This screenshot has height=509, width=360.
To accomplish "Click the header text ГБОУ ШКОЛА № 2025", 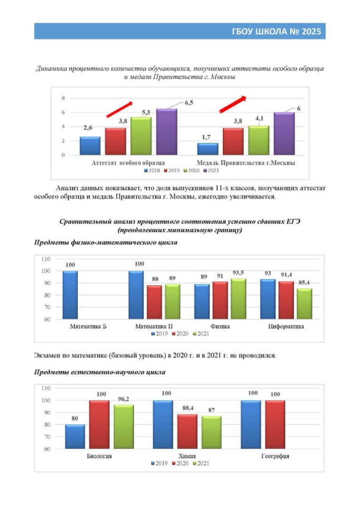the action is [x=276, y=32].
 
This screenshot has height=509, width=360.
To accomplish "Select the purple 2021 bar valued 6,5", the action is [x=166, y=132].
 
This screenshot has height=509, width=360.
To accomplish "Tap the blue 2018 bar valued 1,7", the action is [x=207, y=149].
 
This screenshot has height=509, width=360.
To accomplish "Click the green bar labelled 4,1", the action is [x=258, y=140].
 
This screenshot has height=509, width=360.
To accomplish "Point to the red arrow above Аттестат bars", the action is [x=120, y=109].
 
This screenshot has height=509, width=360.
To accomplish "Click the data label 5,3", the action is [x=146, y=112].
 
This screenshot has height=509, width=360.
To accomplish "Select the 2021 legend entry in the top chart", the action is [x=211, y=171].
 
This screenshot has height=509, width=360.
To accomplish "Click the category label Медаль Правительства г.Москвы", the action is [x=246, y=163].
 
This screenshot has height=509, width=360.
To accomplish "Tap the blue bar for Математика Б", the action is [x=70, y=295].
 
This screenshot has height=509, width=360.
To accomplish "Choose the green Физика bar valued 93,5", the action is [x=238, y=299].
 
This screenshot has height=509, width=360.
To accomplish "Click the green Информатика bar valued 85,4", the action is [x=304, y=304].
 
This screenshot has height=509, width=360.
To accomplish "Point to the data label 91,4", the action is [x=286, y=275].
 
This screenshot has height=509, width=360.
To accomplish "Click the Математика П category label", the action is [x=154, y=326].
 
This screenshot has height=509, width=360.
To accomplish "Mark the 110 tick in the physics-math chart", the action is [x=46, y=259].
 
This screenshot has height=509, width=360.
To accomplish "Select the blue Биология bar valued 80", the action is [x=75, y=436].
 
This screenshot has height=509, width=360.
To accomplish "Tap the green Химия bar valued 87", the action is [x=212, y=432].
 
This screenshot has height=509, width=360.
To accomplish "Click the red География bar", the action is [x=275, y=425].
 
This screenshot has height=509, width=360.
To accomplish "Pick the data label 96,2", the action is [x=123, y=399].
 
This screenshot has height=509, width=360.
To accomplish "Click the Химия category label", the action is [x=188, y=456].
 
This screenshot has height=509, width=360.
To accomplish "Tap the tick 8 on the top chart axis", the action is [x=63, y=98].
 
